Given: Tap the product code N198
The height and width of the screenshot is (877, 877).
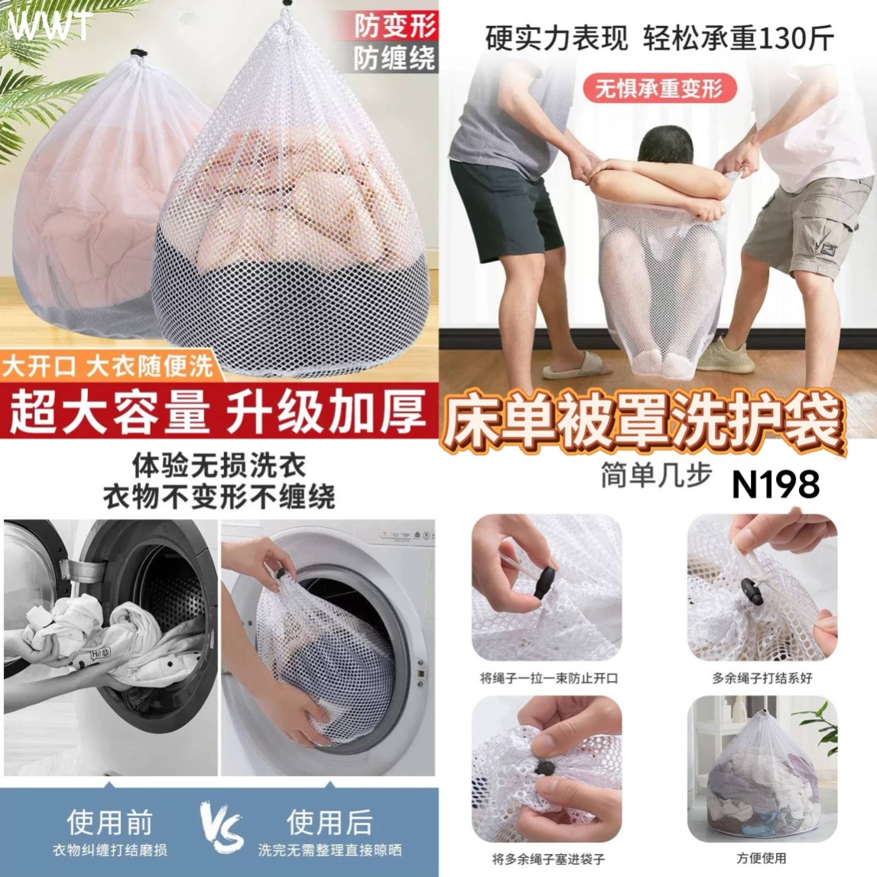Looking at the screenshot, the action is click(x=775, y=484).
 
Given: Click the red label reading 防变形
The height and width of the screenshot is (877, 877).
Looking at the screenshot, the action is click(x=395, y=26).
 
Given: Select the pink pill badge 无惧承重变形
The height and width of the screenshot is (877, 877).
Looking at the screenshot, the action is click(x=659, y=89).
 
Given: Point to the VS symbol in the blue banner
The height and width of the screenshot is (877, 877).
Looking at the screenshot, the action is click(x=222, y=827).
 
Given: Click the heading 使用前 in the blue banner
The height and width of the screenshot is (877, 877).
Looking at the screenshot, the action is click(x=109, y=822).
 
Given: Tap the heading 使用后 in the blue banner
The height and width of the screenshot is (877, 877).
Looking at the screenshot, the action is click(x=330, y=822).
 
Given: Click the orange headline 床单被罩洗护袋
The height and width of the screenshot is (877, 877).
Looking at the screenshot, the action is click(x=643, y=421).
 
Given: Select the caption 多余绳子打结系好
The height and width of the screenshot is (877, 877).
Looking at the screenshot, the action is click(x=762, y=678).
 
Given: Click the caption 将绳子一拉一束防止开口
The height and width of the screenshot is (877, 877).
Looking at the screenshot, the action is click(x=549, y=678).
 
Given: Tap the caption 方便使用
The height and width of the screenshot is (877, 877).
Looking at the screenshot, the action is click(x=762, y=857).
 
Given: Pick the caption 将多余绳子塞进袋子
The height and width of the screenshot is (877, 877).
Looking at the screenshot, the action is click(x=549, y=859).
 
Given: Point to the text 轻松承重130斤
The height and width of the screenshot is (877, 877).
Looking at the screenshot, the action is click(x=739, y=39).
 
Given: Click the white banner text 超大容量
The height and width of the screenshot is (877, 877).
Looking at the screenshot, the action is click(x=109, y=413).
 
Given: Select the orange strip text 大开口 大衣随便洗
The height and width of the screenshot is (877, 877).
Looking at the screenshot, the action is click(x=107, y=365).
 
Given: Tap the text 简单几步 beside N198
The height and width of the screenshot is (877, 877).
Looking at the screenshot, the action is click(x=657, y=476).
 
